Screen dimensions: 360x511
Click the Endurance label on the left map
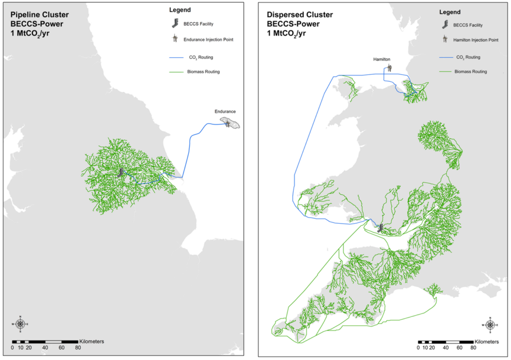pos(225,111)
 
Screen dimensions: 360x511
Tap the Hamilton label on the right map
pos(382,59)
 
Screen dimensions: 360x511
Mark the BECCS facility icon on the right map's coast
pos(380,228)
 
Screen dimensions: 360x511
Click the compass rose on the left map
pos(20,324)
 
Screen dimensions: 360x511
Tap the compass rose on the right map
pos(490,325)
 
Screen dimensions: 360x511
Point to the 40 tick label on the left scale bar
pos(45,348)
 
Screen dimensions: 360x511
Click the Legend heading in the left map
pos(179,9)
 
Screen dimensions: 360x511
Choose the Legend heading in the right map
pos(449,12)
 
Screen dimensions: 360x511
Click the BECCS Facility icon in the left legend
pos(175,23)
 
